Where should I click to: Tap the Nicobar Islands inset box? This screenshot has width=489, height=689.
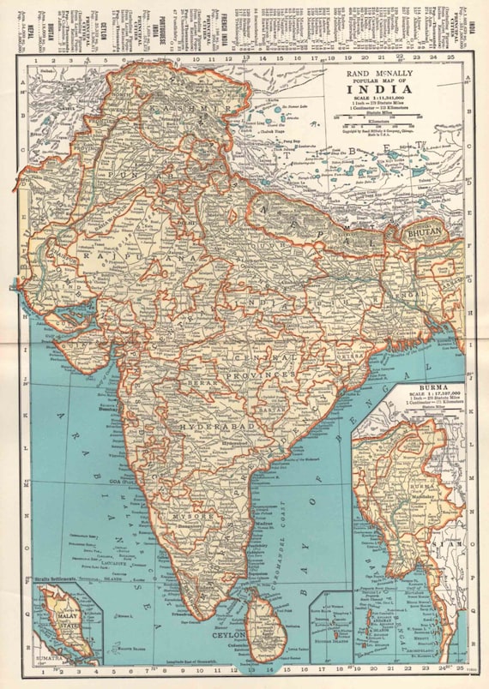pyautogui.click(x=332, y=628)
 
